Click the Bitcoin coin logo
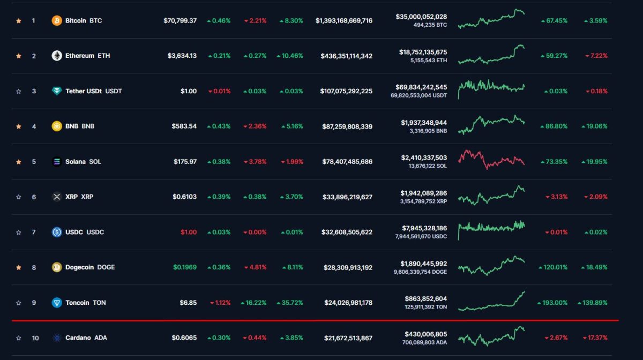(x=57, y=20)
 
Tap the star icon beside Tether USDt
(x=19, y=91)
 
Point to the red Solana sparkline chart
(x=491, y=159)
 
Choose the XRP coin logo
(x=57, y=197)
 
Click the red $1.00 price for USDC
(x=188, y=232)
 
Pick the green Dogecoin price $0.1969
(x=184, y=267)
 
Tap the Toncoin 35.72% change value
(x=291, y=303)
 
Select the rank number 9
(x=34, y=303)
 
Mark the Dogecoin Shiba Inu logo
(x=57, y=267)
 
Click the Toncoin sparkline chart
(x=491, y=302)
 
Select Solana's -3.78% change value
(x=255, y=162)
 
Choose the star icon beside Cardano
(x=19, y=338)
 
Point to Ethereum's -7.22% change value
(x=596, y=56)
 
